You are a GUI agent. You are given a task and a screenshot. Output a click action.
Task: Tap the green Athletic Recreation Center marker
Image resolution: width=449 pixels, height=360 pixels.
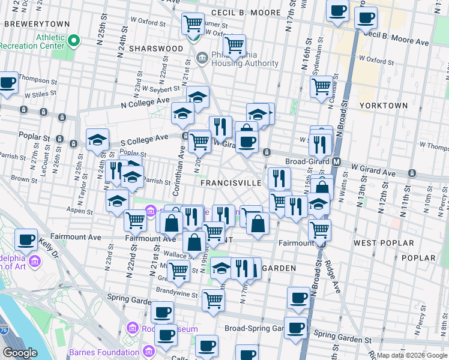(x=74, y=41)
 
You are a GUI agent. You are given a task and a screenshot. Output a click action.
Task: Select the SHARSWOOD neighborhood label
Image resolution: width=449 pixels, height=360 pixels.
(x=159, y=48)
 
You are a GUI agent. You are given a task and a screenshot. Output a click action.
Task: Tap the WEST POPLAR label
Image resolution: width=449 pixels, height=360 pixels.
(x=384, y=243)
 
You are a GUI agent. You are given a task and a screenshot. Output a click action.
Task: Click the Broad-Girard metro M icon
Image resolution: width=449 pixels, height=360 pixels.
(x=337, y=161)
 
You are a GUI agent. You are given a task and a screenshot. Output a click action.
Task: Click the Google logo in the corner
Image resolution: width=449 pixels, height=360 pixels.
(x=20, y=353)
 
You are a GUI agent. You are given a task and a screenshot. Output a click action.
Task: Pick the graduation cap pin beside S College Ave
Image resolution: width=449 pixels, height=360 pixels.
(x=97, y=140)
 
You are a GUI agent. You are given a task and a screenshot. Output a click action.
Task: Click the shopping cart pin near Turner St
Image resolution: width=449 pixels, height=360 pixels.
(x=193, y=25)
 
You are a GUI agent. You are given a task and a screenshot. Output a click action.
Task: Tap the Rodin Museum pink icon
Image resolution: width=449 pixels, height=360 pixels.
(x=133, y=328)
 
